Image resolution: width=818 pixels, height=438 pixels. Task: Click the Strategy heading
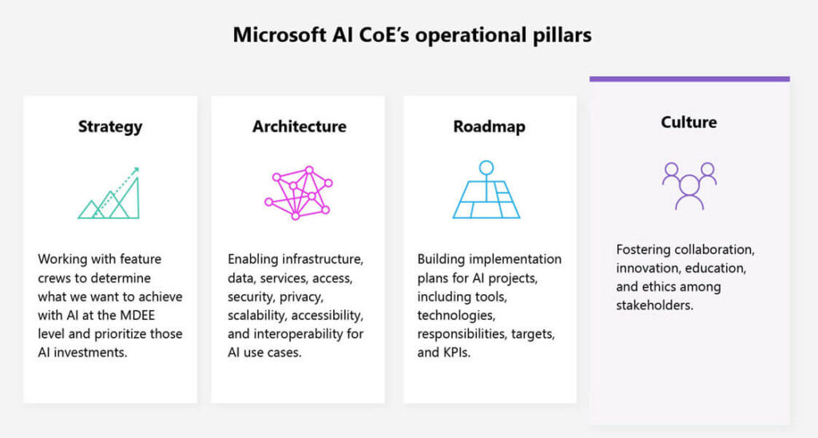[110, 126]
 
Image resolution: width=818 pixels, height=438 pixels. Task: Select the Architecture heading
[300, 126]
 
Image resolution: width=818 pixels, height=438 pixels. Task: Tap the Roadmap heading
[489, 126]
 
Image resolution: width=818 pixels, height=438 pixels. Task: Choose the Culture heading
[689, 122]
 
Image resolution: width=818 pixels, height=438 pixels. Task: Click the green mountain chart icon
[109, 193]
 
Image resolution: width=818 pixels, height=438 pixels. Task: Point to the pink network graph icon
[298, 193]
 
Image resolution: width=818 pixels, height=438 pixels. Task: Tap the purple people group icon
[689, 185]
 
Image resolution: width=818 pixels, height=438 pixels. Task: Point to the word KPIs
[456, 352]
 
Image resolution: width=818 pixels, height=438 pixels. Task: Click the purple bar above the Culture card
[689, 78]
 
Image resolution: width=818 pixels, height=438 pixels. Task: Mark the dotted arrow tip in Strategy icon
[137, 169]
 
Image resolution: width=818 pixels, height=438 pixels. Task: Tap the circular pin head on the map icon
[486, 168]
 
